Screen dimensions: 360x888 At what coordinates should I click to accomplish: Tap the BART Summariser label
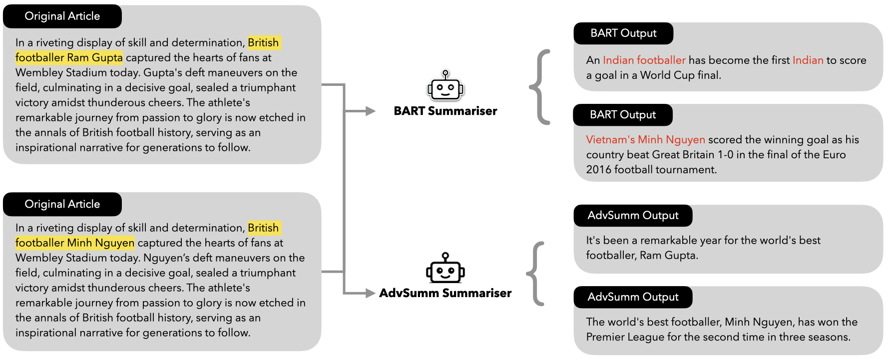[445, 111]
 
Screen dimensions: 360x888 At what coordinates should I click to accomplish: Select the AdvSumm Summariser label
[445, 293]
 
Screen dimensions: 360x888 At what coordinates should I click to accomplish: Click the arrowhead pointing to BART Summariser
[370, 111]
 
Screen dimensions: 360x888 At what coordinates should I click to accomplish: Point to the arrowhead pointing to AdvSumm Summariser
[370, 293]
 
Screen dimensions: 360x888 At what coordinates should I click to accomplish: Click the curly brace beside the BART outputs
[540, 87]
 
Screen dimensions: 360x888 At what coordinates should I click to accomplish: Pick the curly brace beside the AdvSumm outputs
[535, 274]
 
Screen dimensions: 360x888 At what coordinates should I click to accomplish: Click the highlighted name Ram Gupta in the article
[95, 58]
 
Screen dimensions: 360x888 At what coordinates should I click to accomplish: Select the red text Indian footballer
[644, 60]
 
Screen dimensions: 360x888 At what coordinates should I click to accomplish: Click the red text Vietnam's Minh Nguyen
[645, 140]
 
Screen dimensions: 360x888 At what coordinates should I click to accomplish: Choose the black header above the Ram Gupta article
[62, 16]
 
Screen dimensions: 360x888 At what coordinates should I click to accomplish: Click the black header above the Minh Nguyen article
[62, 204]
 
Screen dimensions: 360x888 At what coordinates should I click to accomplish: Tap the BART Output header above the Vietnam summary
[623, 115]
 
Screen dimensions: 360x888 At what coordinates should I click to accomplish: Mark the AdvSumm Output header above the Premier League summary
[633, 297]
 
